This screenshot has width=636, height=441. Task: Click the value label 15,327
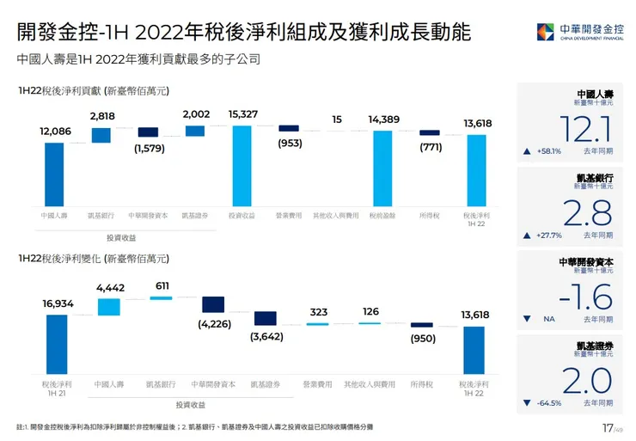pos(242,114)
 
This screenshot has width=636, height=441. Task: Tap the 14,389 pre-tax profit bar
pos(382,167)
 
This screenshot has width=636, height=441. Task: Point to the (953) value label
pos(289,144)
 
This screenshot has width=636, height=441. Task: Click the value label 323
pos(318,312)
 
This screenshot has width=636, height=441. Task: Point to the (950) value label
pos(421,339)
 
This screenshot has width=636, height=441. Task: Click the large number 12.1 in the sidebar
pos(584,129)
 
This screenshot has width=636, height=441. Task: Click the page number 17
pos(606,427)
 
